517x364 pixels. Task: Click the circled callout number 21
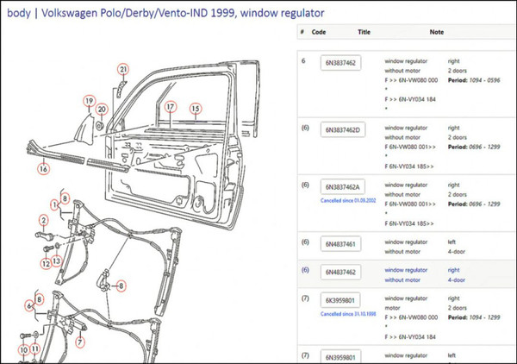[x=123, y=69]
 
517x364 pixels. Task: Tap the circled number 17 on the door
[x=171, y=107]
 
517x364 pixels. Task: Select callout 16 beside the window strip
[x=42, y=169]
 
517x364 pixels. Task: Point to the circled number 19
[x=88, y=101]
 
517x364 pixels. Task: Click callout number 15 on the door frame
[x=196, y=108]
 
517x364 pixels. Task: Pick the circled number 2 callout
[x=41, y=221]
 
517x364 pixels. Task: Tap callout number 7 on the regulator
[x=80, y=342]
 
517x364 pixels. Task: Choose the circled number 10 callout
[x=22, y=349]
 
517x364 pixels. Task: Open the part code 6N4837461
[x=342, y=244]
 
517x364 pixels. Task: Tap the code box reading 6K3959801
[x=342, y=301]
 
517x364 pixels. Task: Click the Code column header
[x=319, y=32]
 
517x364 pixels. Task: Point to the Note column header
[x=436, y=32]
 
